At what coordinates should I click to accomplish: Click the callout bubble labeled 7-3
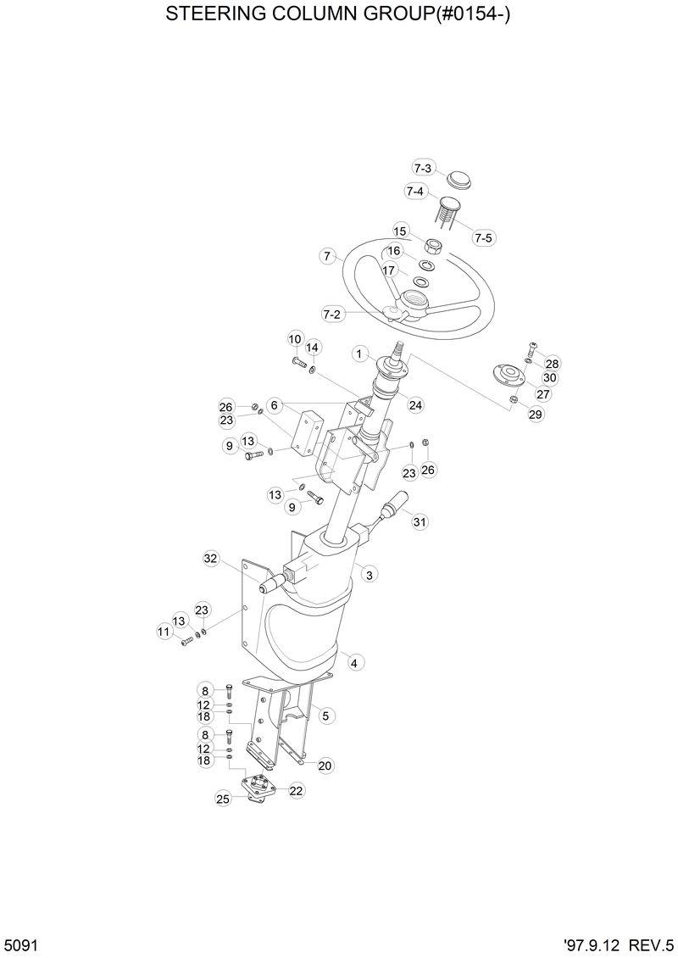(423, 168)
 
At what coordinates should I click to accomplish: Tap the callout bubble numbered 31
(420, 521)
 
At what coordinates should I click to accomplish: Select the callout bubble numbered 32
(211, 558)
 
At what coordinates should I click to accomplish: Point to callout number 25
(223, 798)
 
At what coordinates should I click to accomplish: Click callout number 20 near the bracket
(325, 766)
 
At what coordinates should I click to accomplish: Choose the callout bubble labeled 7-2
(332, 314)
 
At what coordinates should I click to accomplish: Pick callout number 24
(415, 405)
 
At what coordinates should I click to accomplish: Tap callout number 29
(536, 414)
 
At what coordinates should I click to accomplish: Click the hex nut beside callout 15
(431, 247)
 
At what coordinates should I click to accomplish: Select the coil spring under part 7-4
(448, 212)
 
